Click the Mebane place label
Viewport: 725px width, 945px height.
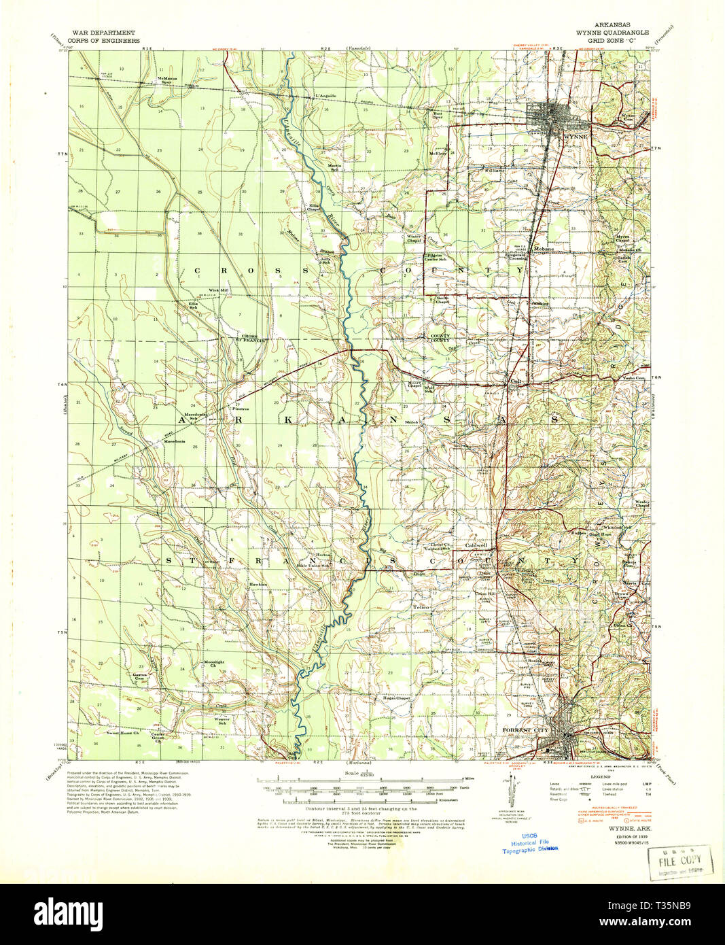(544, 249)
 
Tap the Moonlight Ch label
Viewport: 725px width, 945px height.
(214, 664)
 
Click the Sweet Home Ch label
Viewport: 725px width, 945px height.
(122, 733)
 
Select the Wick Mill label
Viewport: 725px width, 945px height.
(218, 290)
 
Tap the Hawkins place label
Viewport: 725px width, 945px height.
(257, 584)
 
